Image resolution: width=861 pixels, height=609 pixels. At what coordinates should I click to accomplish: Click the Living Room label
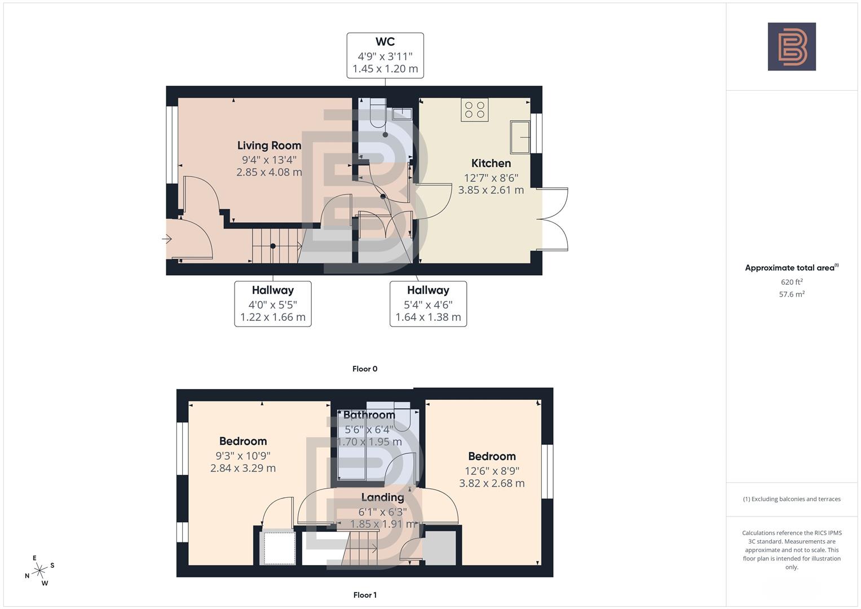pos(269,145)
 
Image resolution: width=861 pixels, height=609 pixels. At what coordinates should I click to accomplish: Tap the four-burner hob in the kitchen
pos(474,109)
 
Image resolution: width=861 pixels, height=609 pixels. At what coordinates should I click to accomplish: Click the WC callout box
pos(385,55)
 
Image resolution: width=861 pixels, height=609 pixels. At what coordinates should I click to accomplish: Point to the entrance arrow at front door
pos(167,239)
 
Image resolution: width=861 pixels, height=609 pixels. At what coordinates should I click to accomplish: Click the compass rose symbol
pos(39,571)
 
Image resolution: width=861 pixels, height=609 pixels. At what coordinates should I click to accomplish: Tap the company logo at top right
pos(792,46)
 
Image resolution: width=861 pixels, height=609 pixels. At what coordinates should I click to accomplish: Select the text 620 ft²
pos(792,282)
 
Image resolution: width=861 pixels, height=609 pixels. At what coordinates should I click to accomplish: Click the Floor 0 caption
pos(365,369)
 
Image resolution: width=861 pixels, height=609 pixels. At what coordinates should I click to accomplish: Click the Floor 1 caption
pos(365,595)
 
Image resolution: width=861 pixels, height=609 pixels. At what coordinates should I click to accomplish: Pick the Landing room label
pos(382,497)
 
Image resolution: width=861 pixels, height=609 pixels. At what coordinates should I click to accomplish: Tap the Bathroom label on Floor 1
pos(369,415)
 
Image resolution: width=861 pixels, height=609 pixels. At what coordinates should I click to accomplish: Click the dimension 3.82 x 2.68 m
pos(492,483)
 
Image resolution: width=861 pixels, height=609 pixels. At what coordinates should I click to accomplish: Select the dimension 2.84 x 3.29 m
pos(243,468)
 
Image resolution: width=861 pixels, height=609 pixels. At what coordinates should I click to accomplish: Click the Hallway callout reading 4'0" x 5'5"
pos(273,303)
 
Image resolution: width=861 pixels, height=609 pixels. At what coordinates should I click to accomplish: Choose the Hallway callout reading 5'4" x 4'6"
pos(428,303)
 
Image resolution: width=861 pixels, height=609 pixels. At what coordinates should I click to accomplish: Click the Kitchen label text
pos(491,164)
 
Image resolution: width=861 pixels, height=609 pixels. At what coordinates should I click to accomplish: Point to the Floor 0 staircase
pos(275,246)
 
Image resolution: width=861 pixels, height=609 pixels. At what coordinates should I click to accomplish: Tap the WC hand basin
pos(403,113)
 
